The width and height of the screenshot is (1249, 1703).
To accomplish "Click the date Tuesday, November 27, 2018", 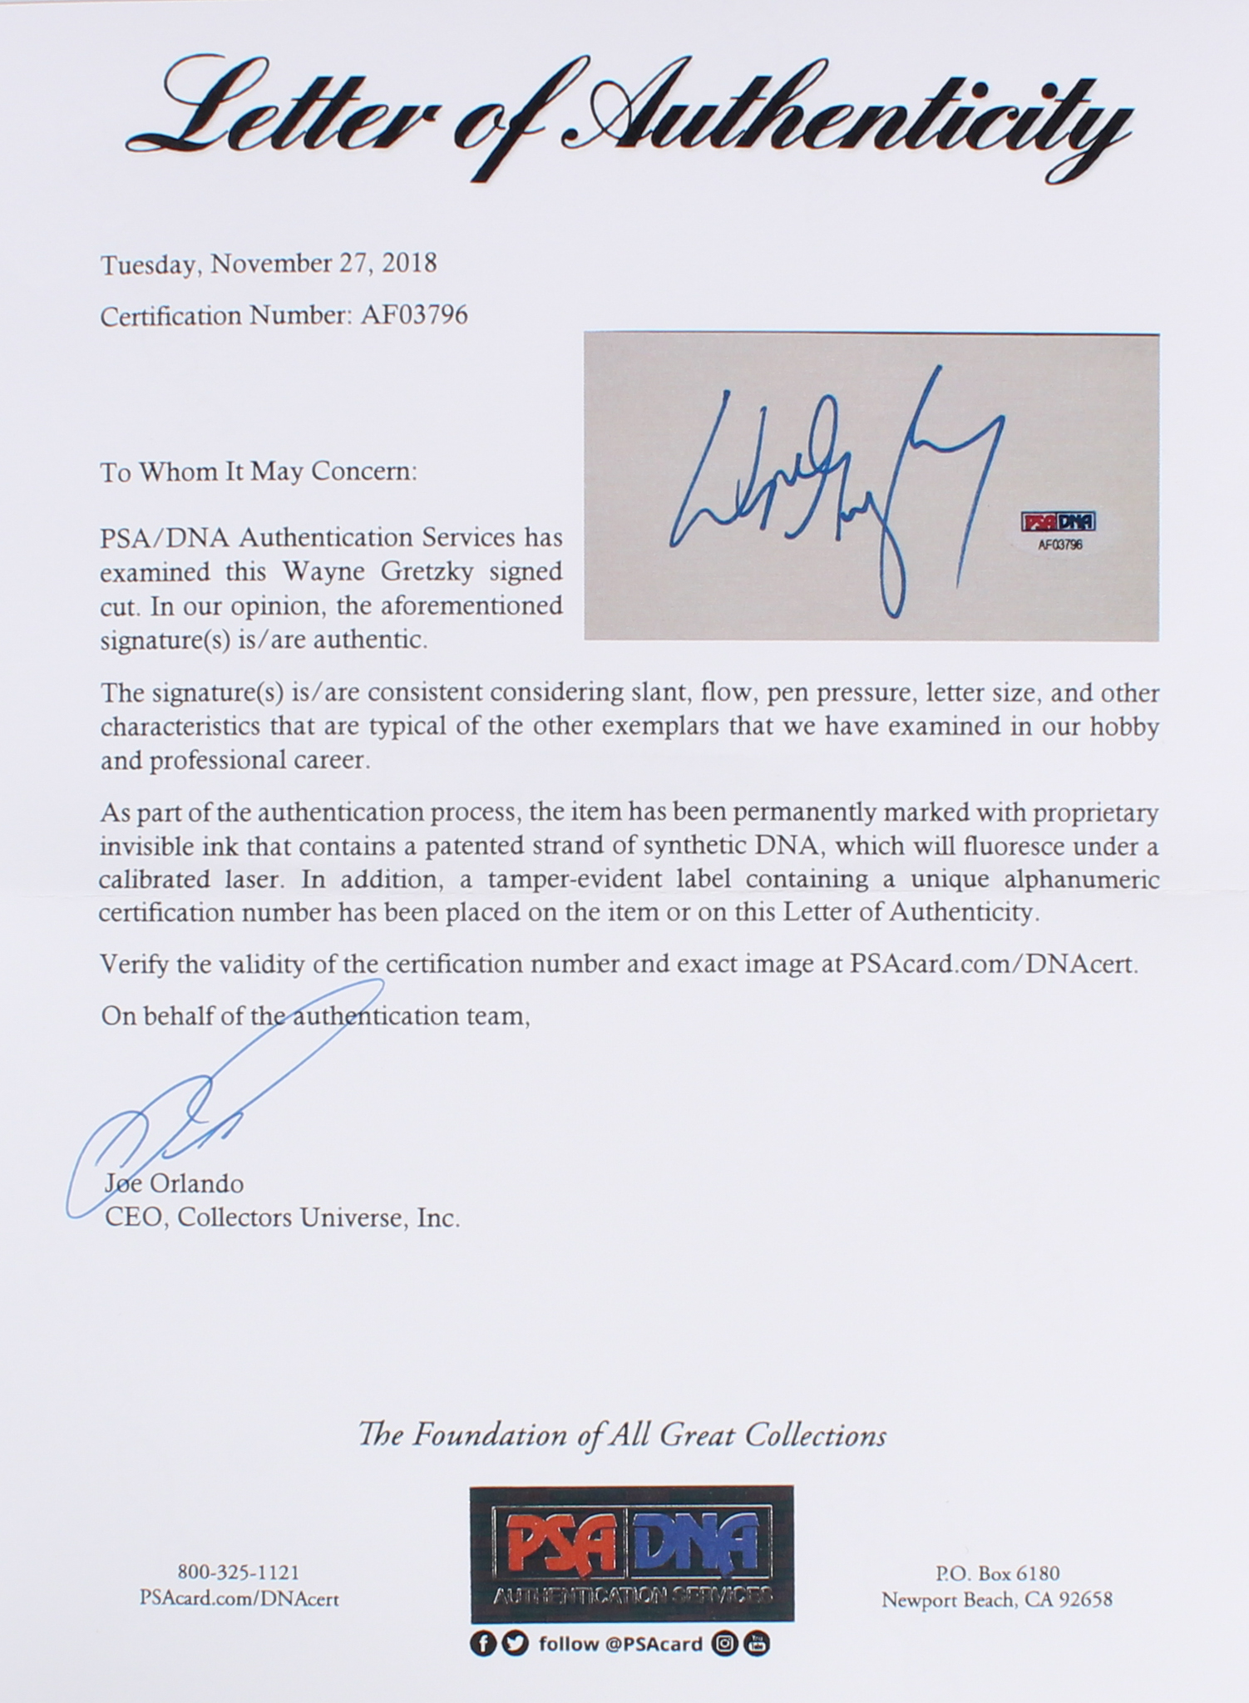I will click(x=269, y=264).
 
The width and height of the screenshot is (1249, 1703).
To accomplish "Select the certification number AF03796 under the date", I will click(x=413, y=316).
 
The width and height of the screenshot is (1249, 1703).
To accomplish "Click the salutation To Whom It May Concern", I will click(x=259, y=472).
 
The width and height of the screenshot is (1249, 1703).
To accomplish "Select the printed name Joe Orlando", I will click(x=174, y=1183).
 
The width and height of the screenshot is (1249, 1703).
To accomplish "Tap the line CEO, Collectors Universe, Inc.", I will click(x=282, y=1218).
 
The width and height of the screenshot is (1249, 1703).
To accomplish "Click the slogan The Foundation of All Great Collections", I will click(x=622, y=1435).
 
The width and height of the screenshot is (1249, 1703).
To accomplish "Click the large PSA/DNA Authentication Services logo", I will click(x=631, y=1553).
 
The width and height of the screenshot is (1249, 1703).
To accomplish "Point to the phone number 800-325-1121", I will click(x=238, y=1572).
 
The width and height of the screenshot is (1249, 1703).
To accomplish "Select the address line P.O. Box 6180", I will click(x=997, y=1572).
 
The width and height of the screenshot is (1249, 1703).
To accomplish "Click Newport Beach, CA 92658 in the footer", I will click(x=997, y=1600).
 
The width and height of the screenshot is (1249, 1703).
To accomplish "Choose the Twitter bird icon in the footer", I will click(x=515, y=1643).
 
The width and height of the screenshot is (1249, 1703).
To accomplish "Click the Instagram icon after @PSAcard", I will click(x=725, y=1643).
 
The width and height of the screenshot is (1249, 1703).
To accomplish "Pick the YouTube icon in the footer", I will click(x=758, y=1643).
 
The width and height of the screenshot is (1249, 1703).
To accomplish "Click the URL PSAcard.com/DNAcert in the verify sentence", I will click(x=993, y=965).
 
